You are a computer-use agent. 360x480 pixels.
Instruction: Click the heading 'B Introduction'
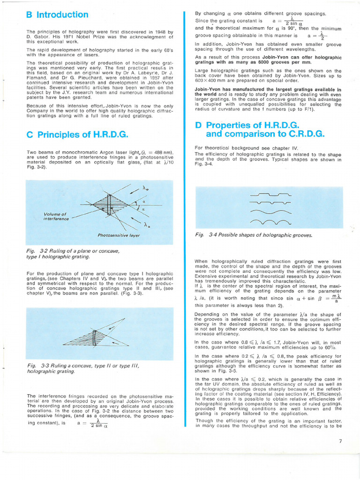[57, 15]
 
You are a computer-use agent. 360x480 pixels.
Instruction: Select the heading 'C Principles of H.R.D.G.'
[77, 135]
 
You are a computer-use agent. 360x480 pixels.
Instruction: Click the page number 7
[340, 440]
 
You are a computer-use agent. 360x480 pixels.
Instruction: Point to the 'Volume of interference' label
[55, 217]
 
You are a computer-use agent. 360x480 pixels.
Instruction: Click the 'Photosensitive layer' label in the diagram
[119, 235]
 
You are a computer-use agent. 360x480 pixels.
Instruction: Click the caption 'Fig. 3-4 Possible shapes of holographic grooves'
[253, 235]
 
